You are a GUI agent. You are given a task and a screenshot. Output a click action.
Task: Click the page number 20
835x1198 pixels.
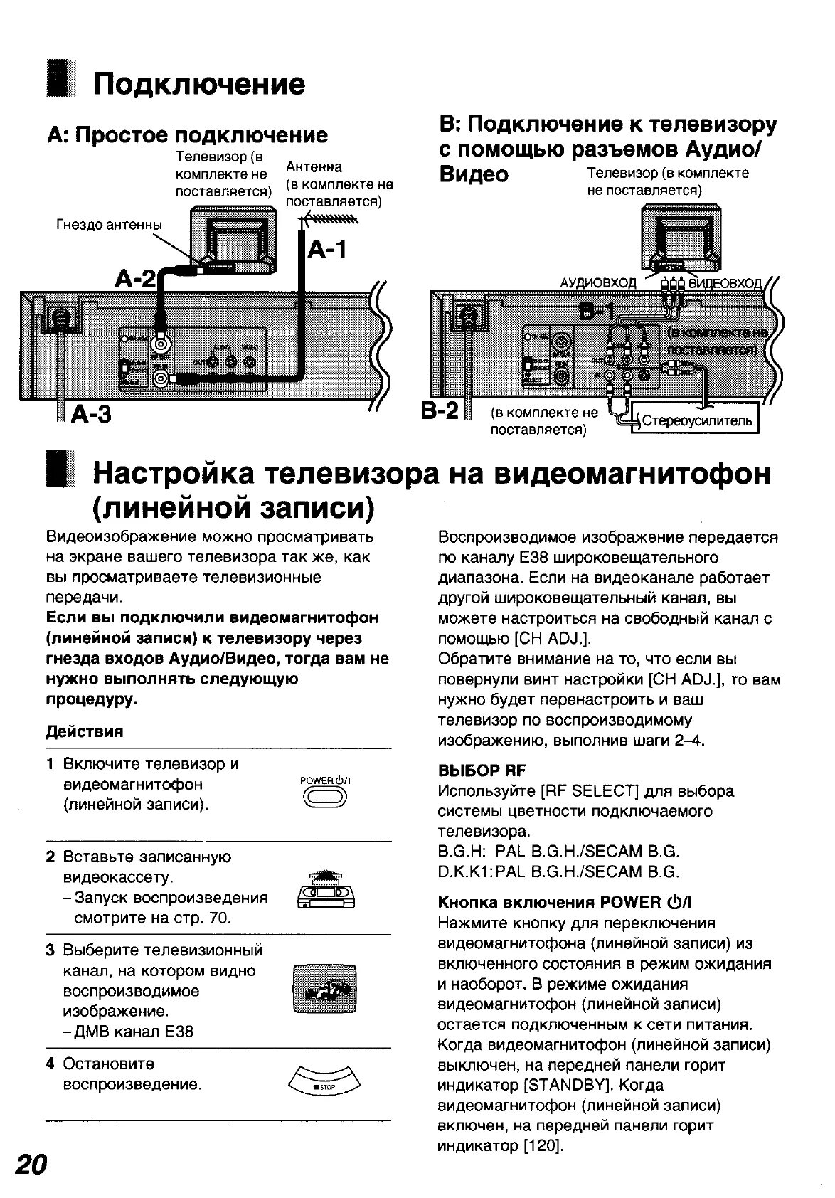click(31, 1165)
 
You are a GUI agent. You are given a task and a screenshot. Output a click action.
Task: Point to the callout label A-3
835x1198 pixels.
click(92, 413)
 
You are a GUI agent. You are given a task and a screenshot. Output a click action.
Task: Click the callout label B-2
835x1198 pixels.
click(442, 410)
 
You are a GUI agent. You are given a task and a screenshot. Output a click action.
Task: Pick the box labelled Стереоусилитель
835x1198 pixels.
click(696, 421)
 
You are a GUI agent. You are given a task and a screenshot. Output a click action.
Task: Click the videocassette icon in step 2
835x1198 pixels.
click(325, 890)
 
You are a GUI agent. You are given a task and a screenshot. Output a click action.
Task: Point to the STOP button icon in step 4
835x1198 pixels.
click(325, 1086)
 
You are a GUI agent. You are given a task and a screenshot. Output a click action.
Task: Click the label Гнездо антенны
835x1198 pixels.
click(109, 226)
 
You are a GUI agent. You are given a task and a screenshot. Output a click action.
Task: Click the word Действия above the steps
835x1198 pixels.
click(85, 731)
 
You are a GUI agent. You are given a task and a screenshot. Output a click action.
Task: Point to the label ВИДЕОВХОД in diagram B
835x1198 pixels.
click(725, 283)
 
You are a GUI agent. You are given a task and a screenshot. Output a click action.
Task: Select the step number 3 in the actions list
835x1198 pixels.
click(50, 950)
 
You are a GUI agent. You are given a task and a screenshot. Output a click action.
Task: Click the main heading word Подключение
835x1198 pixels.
click(200, 84)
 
